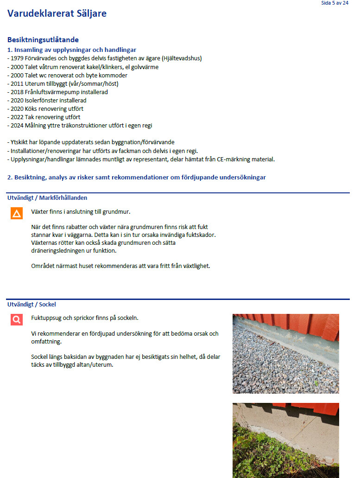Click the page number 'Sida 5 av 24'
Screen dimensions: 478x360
click(x=335, y=3)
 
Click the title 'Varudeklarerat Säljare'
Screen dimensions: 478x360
click(x=57, y=13)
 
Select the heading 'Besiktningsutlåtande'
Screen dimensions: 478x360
click(x=43, y=40)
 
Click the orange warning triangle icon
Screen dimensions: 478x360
click(x=17, y=213)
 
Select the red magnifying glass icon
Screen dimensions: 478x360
click(x=17, y=319)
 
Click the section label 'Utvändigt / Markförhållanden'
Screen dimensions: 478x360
click(x=47, y=198)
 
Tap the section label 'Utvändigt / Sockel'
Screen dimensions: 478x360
click(x=32, y=304)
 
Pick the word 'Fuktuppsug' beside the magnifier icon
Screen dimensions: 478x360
click(x=46, y=318)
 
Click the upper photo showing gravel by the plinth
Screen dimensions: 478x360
click(x=285, y=353)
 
